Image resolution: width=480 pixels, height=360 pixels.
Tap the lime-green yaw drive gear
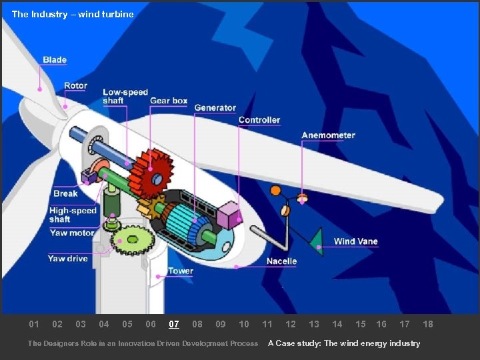click(132, 240)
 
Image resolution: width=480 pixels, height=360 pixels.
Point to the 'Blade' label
click(55, 60)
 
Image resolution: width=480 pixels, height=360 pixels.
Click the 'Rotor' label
click(75, 86)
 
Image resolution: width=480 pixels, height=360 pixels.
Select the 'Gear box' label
click(169, 101)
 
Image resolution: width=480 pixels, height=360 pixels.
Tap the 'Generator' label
click(215, 108)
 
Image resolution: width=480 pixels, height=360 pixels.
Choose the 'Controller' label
click(259, 120)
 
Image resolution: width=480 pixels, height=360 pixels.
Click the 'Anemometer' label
click(328, 135)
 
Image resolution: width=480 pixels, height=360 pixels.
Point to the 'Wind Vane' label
click(355, 241)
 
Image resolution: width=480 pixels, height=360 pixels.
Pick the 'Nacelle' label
click(281, 261)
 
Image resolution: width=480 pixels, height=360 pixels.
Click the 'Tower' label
click(181, 271)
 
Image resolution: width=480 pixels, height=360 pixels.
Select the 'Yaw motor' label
click(71, 233)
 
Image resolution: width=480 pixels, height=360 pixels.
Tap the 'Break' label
click(65, 194)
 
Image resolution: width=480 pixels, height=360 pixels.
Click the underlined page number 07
click(174, 325)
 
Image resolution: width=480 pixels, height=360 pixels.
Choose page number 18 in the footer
click(428, 325)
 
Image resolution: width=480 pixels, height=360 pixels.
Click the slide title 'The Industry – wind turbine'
click(73, 14)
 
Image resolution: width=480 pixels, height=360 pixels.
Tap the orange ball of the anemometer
click(275, 191)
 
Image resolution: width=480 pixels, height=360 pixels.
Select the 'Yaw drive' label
click(68, 259)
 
